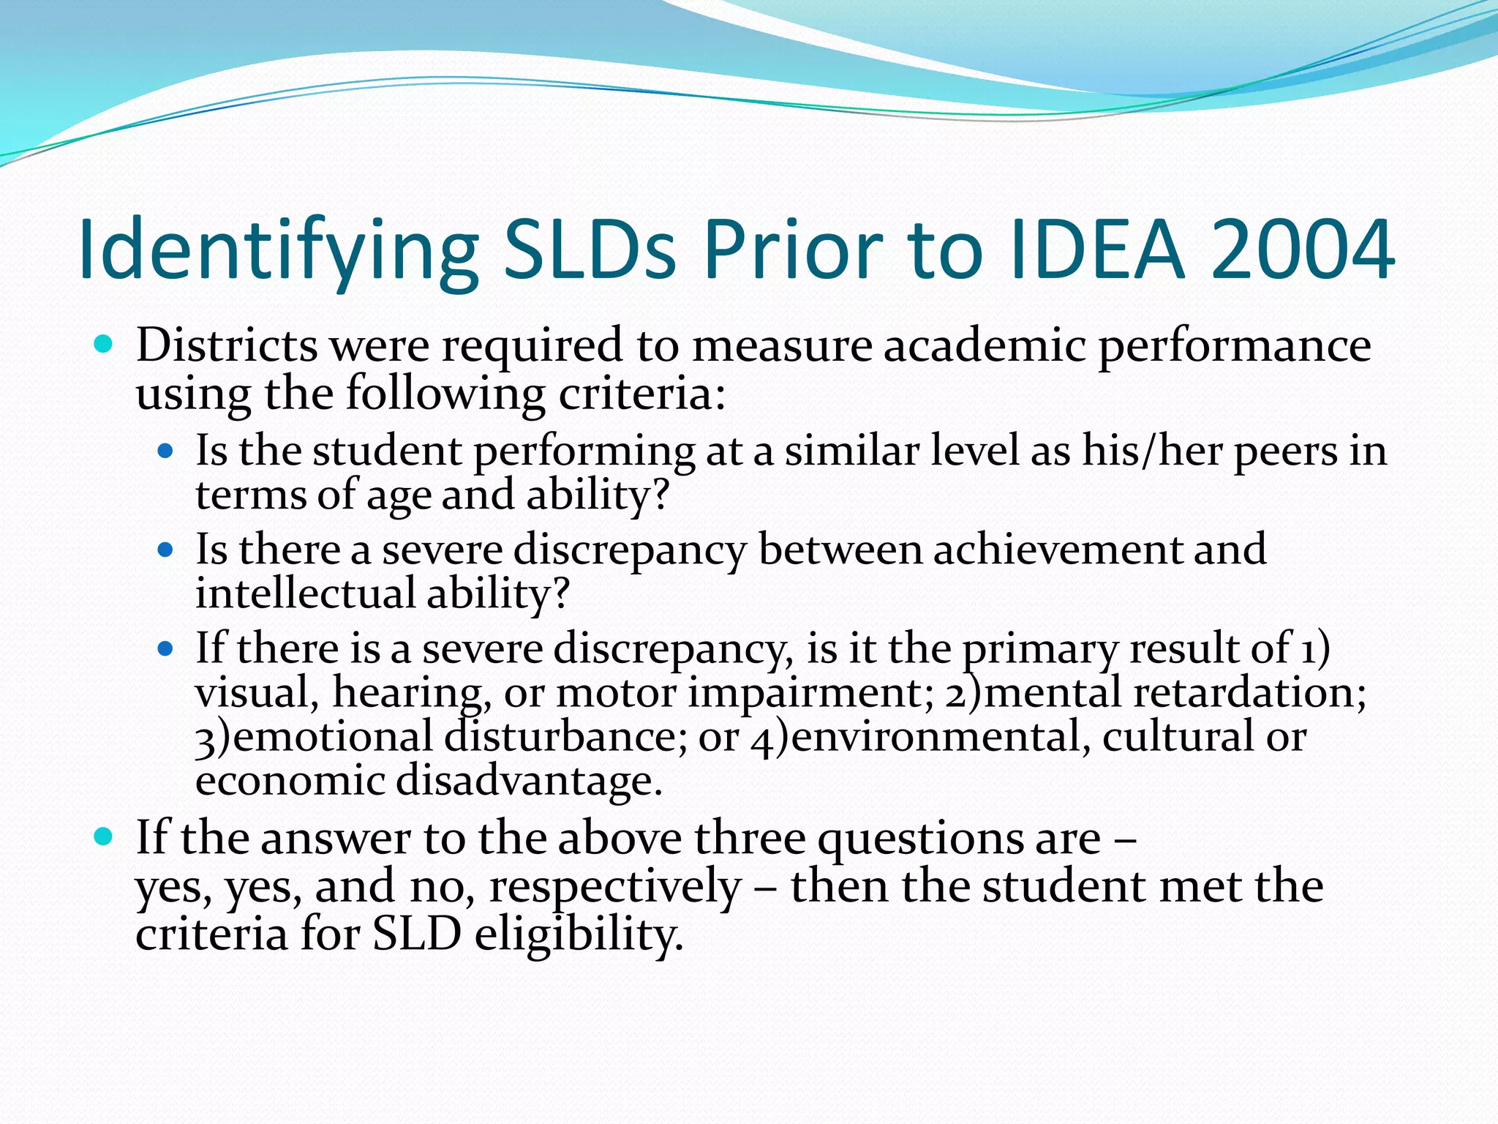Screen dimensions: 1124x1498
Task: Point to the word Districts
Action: point(227,345)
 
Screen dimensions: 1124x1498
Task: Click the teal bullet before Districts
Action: point(103,344)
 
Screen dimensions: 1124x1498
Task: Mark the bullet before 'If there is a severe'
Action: point(166,648)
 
